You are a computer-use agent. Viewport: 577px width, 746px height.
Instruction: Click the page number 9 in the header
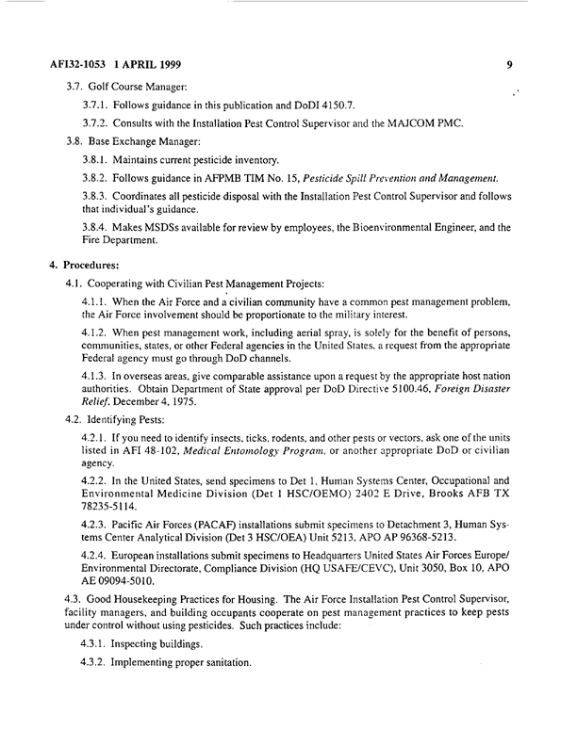tap(508, 66)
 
